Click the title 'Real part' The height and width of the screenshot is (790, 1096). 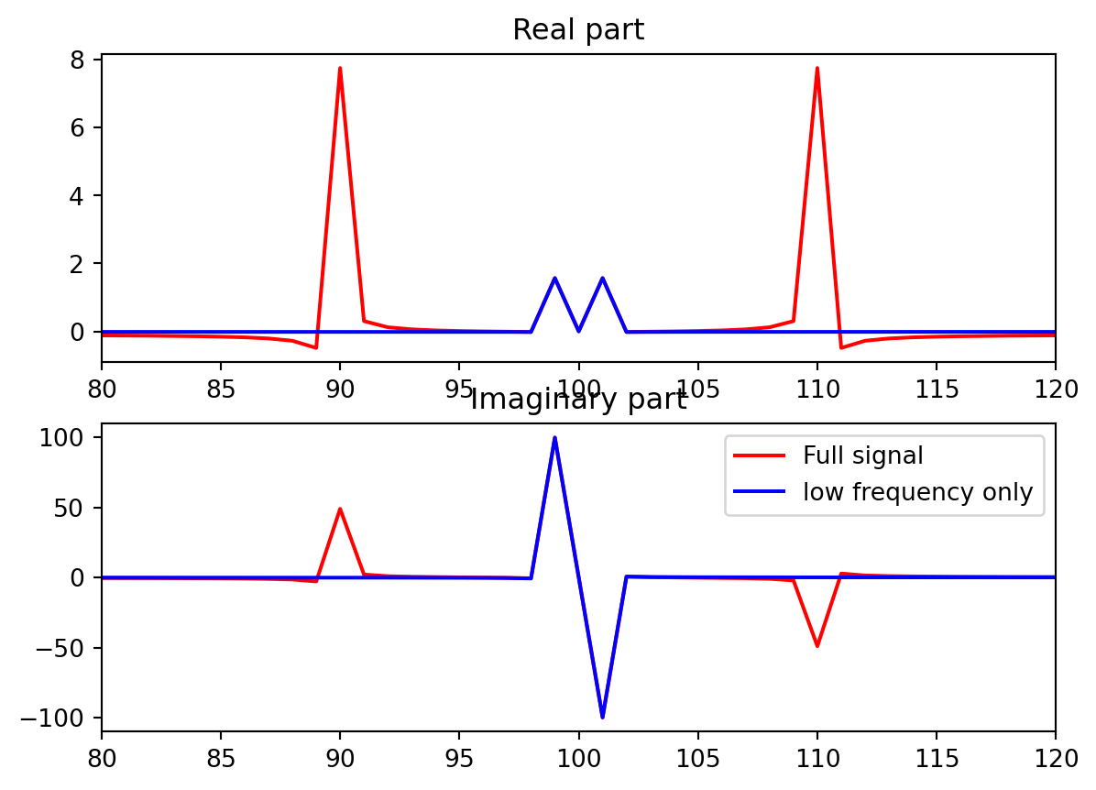578,30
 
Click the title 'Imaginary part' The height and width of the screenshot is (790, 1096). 578,400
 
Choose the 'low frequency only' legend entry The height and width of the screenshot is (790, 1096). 917,492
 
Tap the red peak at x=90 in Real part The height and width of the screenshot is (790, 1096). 340,69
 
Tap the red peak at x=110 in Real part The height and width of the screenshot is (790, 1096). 817,69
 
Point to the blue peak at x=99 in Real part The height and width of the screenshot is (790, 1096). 554,279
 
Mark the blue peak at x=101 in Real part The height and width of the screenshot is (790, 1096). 602,279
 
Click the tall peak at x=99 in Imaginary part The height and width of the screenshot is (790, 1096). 554,438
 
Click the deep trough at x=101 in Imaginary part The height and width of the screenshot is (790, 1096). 602,717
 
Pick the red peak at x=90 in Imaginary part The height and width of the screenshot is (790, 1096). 340,510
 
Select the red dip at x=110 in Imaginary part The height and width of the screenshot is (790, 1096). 817,645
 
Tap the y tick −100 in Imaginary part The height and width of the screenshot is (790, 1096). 65,718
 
